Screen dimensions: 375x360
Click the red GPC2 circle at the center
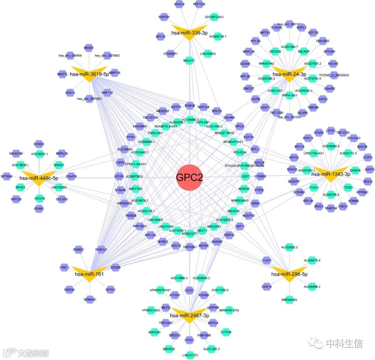click(189, 177)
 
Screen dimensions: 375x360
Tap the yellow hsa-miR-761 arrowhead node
click(90, 274)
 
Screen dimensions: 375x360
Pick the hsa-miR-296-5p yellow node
click(289, 274)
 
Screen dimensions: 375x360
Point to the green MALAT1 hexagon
click(189, 60)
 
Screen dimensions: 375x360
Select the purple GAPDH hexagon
click(164, 17)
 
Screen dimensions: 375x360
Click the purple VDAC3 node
click(179, 4)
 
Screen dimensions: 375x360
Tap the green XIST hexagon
click(245, 177)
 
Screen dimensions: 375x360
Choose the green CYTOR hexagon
click(226, 332)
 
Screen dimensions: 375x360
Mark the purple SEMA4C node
click(90, 299)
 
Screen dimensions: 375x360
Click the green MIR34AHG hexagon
click(289, 299)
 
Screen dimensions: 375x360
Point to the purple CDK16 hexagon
click(267, 286)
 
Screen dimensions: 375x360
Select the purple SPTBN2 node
click(7, 176)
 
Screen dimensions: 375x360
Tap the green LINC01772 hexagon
click(190, 355)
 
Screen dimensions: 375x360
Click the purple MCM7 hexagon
click(89, 48)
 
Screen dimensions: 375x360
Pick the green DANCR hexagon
click(355, 170)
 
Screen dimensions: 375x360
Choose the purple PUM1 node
click(39, 209)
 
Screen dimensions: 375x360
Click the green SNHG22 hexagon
click(169, 349)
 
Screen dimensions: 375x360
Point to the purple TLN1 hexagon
click(266, 260)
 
